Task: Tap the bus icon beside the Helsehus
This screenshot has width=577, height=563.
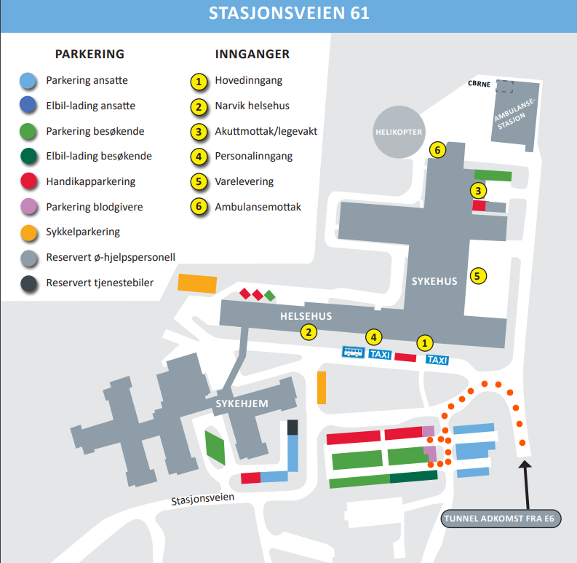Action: pyautogui.click(x=354, y=353)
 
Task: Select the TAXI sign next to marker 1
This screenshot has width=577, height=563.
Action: pyautogui.click(x=437, y=360)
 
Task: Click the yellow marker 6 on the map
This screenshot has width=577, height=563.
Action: pyautogui.click(x=437, y=150)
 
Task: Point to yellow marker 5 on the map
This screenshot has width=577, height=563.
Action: pyautogui.click(x=477, y=276)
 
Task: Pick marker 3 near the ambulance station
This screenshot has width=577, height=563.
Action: pyautogui.click(x=478, y=192)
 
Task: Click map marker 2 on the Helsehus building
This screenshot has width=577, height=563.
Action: pyautogui.click(x=309, y=332)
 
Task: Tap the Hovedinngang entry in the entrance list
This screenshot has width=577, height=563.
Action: pyautogui.click(x=248, y=80)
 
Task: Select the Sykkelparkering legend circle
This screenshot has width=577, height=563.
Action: pyautogui.click(x=28, y=232)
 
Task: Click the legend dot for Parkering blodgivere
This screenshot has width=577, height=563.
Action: pyautogui.click(x=28, y=207)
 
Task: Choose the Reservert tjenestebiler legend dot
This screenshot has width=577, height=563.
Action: pyautogui.click(x=28, y=283)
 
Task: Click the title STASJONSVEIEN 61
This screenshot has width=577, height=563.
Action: pyautogui.click(x=288, y=14)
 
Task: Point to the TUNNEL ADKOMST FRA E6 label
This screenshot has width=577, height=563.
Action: pyautogui.click(x=493, y=519)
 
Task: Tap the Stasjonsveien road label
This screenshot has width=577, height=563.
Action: pyautogui.click(x=203, y=500)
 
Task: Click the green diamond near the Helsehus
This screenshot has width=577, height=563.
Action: pyautogui.click(x=270, y=296)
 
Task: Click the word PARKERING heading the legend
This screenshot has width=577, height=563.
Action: pyautogui.click(x=90, y=54)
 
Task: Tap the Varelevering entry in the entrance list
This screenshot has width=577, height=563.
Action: pyautogui.click(x=244, y=181)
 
